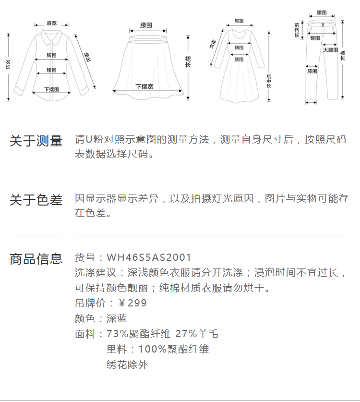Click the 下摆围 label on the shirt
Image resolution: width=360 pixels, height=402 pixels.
point(51,89)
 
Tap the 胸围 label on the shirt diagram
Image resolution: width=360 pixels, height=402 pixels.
point(52,55)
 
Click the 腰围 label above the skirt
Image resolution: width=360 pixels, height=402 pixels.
point(146,24)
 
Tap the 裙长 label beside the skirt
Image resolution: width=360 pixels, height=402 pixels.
point(188,61)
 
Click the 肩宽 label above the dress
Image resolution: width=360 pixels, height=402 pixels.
point(239,21)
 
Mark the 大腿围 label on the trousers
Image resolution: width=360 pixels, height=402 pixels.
point(330,50)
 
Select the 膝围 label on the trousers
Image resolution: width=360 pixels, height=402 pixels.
point(312,71)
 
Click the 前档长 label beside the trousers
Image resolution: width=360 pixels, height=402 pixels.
point(297,30)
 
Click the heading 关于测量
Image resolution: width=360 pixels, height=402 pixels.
point(36,141)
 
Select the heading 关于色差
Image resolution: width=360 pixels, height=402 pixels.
point(36,200)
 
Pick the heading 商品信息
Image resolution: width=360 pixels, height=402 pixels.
point(36,259)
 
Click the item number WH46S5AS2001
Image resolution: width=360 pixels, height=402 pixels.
point(149,257)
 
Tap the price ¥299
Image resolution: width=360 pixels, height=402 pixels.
point(132,303)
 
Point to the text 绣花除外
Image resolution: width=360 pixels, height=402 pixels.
point(127,365)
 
